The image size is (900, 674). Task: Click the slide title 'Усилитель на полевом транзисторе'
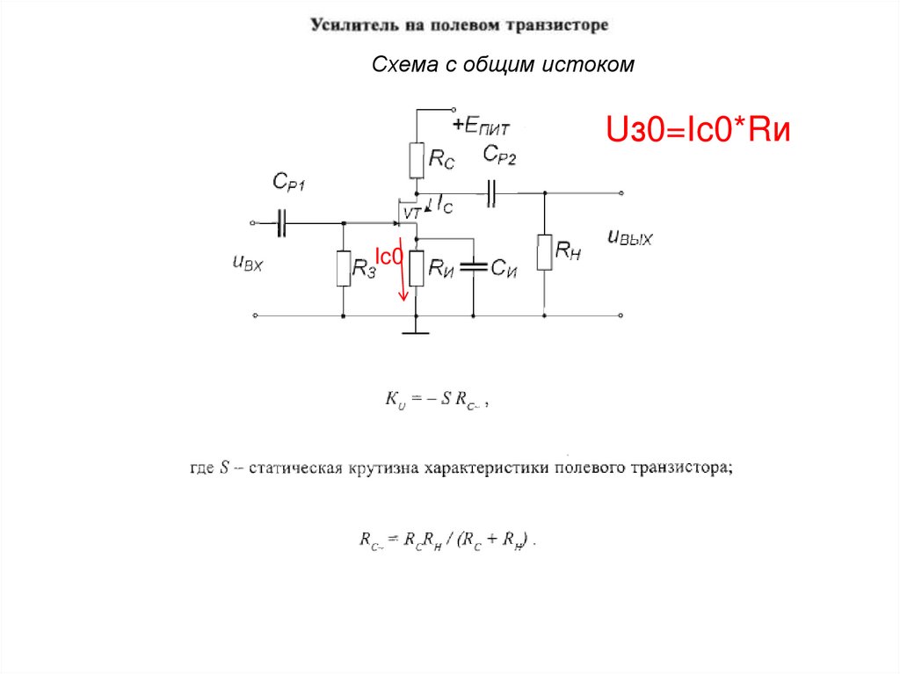point(458,25)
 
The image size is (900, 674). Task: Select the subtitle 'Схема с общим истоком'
point(503,64)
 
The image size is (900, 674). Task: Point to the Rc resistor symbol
point(417,160)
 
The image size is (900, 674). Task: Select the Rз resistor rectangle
point(344,268)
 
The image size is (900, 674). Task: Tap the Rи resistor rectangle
point(417,266)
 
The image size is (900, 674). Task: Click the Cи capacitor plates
point(473,266)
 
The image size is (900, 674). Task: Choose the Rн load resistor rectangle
point(545,252)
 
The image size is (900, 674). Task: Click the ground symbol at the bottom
point(416,331)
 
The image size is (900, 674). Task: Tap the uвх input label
point(248,262)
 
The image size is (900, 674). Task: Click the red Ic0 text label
point(388,256)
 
